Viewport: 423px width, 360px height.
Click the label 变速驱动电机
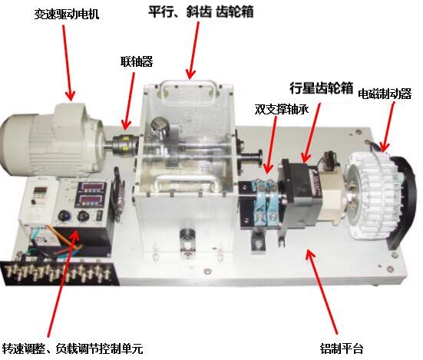point(67,14)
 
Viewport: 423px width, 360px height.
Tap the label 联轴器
point(137,61)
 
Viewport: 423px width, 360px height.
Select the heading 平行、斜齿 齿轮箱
point(201,12)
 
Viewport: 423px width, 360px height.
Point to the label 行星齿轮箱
point(322,88)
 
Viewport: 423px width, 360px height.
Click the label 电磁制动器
point(385,94)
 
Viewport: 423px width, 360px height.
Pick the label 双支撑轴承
point(281,110)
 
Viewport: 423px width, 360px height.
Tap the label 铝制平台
point(342,348)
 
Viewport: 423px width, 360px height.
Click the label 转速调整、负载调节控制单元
point(72,348)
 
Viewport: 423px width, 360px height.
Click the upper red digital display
point(92,188)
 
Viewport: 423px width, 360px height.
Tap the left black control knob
point(64,216)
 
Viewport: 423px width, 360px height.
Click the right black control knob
point(83,216)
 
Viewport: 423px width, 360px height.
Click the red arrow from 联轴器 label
point(129,101)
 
